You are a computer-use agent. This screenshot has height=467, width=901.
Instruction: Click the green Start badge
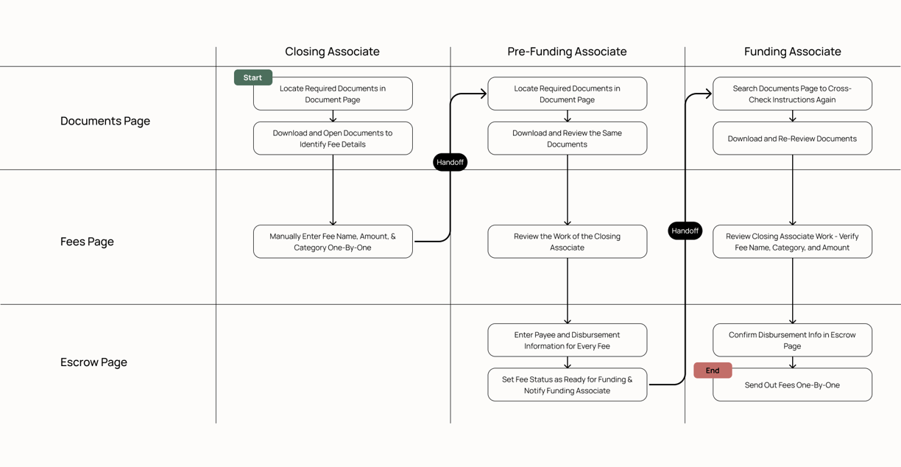tap(253, 77)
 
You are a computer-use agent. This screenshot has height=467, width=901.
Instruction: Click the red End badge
tap(713, 371)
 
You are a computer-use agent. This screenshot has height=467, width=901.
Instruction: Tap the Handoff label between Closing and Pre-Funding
tap(450, 162)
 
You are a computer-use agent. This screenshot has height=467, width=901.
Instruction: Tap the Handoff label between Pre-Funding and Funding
tap(685, 231)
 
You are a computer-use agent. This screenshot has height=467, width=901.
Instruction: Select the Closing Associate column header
tap(332, 52)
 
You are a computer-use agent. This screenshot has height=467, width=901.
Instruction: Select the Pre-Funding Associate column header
tap(567, 52)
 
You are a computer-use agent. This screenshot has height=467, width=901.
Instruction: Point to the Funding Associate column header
tap(792, 52)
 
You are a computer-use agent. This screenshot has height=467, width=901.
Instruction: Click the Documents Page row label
tap(105, 121)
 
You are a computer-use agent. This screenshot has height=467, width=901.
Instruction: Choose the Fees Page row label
tap(87, 242)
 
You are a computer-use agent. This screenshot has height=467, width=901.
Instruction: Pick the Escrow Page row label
tap(93, 362)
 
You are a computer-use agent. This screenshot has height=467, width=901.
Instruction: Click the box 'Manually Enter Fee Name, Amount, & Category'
tap(333, 242)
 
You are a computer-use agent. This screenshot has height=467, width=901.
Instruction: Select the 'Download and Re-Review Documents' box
tap(792, 138)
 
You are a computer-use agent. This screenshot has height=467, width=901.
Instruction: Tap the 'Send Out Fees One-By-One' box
tap(792, 385)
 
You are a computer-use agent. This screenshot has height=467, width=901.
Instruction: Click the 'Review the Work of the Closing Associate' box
tap(567, 242)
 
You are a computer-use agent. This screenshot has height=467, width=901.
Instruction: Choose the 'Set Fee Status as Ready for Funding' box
tap(567, 385)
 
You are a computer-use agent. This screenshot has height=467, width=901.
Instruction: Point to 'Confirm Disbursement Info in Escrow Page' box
tap(792, 340)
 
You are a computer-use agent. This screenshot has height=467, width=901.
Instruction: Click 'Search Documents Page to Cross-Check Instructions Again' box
tap(792, 94)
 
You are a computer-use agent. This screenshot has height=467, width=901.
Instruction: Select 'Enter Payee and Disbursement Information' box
tap(567, 340)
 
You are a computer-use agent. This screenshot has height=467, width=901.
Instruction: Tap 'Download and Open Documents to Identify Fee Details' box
tap(333, 138)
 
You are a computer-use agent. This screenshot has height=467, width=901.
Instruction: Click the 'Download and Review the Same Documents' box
tap(567, 138)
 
